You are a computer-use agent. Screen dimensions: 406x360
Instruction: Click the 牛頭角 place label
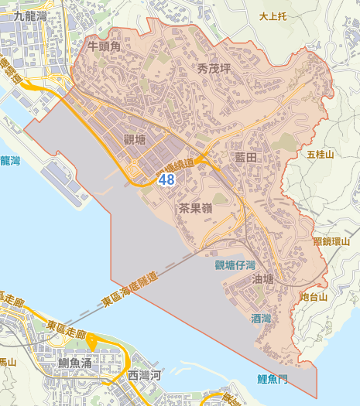(x=105, y=46)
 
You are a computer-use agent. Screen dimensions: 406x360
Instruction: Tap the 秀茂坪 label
(x=214, y=69)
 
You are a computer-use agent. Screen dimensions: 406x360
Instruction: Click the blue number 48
(x=166, y=179)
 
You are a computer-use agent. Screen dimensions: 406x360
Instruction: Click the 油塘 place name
(x=264, y=279)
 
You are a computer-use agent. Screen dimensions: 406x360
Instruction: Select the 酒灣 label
(x=261, y=318)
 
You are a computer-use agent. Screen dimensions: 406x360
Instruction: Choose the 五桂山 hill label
(x=320, y=155)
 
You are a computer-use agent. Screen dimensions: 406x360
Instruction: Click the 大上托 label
(x=273, y=15)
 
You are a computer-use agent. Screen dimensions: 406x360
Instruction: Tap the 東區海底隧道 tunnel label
(x=129, y=291)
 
